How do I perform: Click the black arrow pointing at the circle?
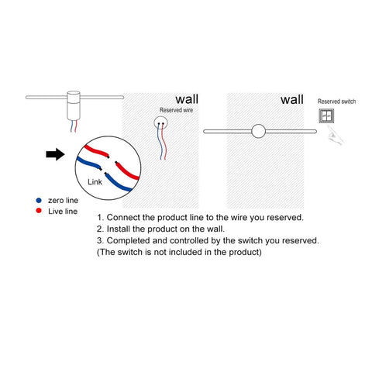tap(55, 154)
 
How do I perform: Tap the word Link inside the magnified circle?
tap(95, 182)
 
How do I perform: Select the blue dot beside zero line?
tap(39, 200)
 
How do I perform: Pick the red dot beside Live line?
tap(39, 211)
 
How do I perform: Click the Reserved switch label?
tap(336, 102)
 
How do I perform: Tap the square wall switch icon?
tap(326, 115)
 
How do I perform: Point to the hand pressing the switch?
tap(335, 135)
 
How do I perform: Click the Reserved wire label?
tap(176, 110)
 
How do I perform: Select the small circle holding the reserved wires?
tap(160, 122)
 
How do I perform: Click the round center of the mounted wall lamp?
tap(258, 131)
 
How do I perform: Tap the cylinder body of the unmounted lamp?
tap(74, 105)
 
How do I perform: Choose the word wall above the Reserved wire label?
tap(187, 99)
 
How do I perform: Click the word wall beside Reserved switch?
tap(292, 99)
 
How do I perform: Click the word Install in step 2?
tap(119, 229)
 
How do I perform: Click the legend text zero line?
tap(63, 200)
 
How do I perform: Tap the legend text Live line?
tap(63, 212)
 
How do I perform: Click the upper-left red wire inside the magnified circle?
tap(96, 150)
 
